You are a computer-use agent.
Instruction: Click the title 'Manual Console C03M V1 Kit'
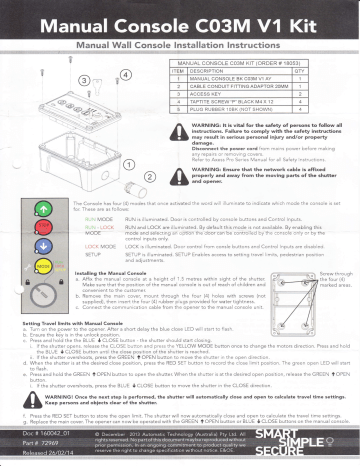(x=180, y=18)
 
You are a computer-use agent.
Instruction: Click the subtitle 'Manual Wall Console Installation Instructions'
(x=180, y=43)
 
